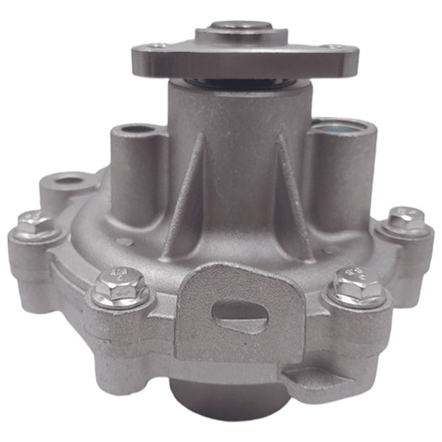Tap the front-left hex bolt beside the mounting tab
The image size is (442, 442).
coord(120,283)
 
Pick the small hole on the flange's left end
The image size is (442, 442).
coord(159,45)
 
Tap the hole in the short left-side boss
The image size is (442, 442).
coord(69,181)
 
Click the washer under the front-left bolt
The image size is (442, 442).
coord(120,299)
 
